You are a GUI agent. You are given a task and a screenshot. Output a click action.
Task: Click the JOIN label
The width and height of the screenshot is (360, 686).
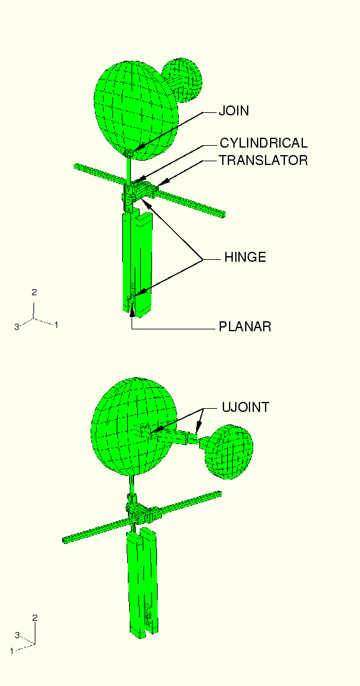tap(234, 111)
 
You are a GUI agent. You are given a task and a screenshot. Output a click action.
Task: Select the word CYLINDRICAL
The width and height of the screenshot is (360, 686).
tap(264, 143)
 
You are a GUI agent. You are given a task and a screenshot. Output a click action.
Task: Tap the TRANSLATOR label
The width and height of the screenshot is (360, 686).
tap(264, 161)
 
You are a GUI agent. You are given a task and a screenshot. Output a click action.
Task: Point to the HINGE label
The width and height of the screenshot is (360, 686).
tap(245, 257)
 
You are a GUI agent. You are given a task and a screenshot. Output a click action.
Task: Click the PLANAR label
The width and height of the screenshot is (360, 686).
tap(245, 327)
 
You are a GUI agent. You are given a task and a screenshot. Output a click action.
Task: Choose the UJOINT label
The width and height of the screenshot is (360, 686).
tap(245, 408)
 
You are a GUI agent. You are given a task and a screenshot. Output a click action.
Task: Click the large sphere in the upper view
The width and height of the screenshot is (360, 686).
tap(136, 109)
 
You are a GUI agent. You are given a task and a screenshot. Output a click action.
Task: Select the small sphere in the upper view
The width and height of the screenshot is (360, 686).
tap(184, 79)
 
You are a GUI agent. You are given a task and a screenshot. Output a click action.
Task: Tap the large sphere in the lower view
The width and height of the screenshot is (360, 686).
tap(134, 427)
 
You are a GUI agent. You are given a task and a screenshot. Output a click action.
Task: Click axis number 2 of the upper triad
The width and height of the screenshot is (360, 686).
tap(34, 293)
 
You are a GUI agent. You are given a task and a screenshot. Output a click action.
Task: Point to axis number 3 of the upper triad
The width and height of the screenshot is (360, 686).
tap(17, 327)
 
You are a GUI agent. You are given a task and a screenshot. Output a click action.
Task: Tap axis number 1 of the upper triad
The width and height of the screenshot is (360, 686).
tap(56, 325)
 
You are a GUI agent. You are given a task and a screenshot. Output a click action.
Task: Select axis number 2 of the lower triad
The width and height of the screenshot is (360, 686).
tap(35, 618)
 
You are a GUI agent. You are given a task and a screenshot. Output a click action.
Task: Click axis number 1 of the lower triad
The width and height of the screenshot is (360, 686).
tap(12, 651)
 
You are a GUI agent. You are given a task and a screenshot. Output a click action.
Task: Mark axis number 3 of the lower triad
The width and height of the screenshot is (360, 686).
tap(17, 635)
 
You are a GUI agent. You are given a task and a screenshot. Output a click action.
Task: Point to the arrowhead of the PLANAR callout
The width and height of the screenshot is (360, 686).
tap(132, 311)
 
